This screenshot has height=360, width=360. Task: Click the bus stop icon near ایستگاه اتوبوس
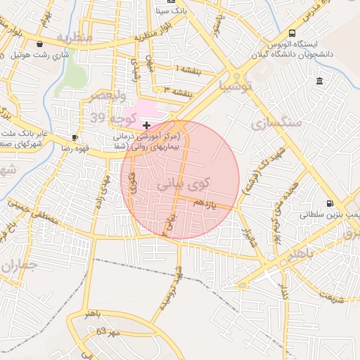[292, 33]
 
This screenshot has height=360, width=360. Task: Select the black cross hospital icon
[146, 124]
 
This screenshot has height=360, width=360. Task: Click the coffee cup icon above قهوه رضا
[75, 137]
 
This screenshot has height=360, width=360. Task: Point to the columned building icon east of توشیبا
[320, 82]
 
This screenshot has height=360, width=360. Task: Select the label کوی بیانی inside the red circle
[182, 184]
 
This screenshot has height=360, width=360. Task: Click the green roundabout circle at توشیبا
[237, 77]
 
